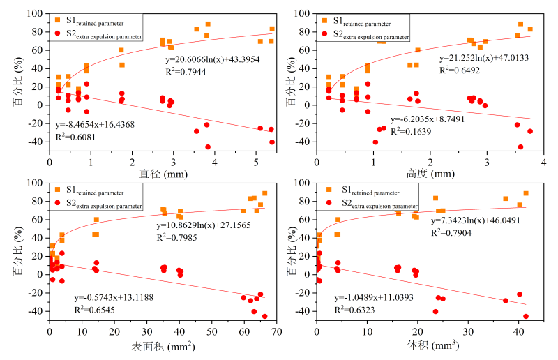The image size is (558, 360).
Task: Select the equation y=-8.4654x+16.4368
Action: point(95,125)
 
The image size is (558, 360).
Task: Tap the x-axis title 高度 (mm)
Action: point(430,172)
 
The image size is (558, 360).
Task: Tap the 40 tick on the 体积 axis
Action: point(518,334)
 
